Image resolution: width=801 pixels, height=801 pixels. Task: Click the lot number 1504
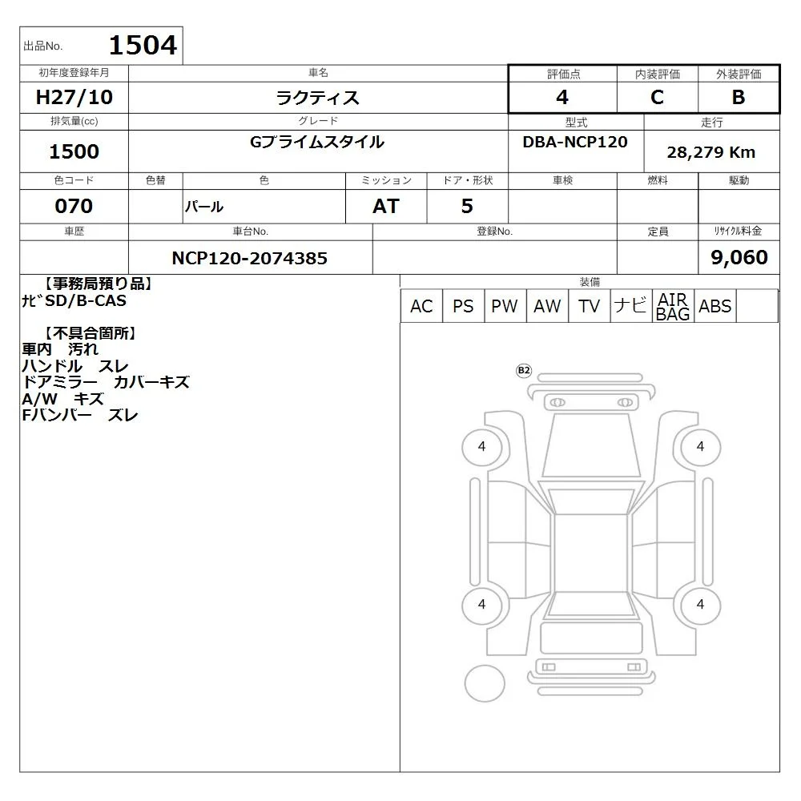[143, 45]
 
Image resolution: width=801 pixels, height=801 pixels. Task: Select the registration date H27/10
[74, 97]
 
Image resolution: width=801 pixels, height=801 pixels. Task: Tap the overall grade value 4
[562, 97]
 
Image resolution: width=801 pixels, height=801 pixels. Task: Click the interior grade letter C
[657, 97]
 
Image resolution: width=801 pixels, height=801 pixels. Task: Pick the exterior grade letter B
[739, 97]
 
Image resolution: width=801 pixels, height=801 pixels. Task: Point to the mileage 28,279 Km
[711, 152]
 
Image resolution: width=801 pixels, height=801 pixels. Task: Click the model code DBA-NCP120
[575, 142]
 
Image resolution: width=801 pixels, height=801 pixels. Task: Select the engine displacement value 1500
[74, 151]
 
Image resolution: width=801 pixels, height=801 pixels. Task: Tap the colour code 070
[74, 206]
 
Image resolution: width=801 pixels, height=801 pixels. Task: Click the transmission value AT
[386, 206]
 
